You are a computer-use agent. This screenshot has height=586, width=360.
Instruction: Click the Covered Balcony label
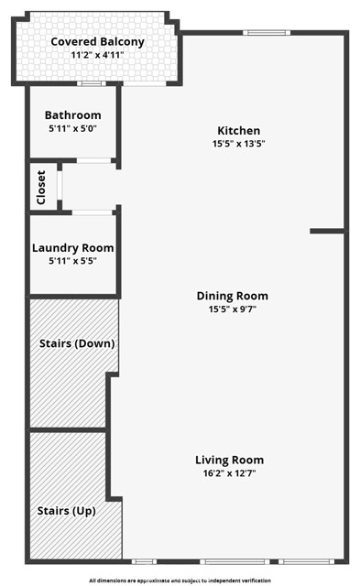[97, 42]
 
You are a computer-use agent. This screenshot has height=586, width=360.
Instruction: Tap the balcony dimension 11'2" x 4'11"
[97, 55]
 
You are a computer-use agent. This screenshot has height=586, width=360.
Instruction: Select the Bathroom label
[73, 115]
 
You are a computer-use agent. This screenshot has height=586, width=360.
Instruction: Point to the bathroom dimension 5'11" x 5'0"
[73, 128]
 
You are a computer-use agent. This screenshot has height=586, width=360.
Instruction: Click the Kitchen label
[238, 131]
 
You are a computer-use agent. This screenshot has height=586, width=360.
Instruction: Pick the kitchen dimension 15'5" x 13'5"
[238, 144]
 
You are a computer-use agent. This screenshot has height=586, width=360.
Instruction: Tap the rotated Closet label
[41, 188]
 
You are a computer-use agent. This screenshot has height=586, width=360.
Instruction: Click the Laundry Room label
[73, 248]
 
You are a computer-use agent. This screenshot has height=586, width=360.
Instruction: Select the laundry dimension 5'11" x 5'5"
[73, 261]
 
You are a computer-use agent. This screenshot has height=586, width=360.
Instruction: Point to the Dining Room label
[232, 296]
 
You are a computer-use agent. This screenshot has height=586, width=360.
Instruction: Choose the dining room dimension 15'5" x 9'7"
[232, 309]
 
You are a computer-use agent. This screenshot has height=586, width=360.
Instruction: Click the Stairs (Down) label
[77, 343]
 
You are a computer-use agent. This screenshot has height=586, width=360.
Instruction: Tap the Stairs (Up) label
[66, 511]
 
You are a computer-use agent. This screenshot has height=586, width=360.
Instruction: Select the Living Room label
[230, 460]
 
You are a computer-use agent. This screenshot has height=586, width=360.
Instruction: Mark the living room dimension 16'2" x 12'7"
[230, 473]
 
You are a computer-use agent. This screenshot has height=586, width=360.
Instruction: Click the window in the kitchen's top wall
[267, 33]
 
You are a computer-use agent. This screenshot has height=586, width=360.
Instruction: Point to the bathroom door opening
[93, 161]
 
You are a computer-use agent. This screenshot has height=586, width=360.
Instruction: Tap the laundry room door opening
[92, 212]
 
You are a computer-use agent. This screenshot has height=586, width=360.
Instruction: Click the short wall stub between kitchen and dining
[327, 232]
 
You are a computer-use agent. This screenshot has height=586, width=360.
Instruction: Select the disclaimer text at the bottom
[180, 581]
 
